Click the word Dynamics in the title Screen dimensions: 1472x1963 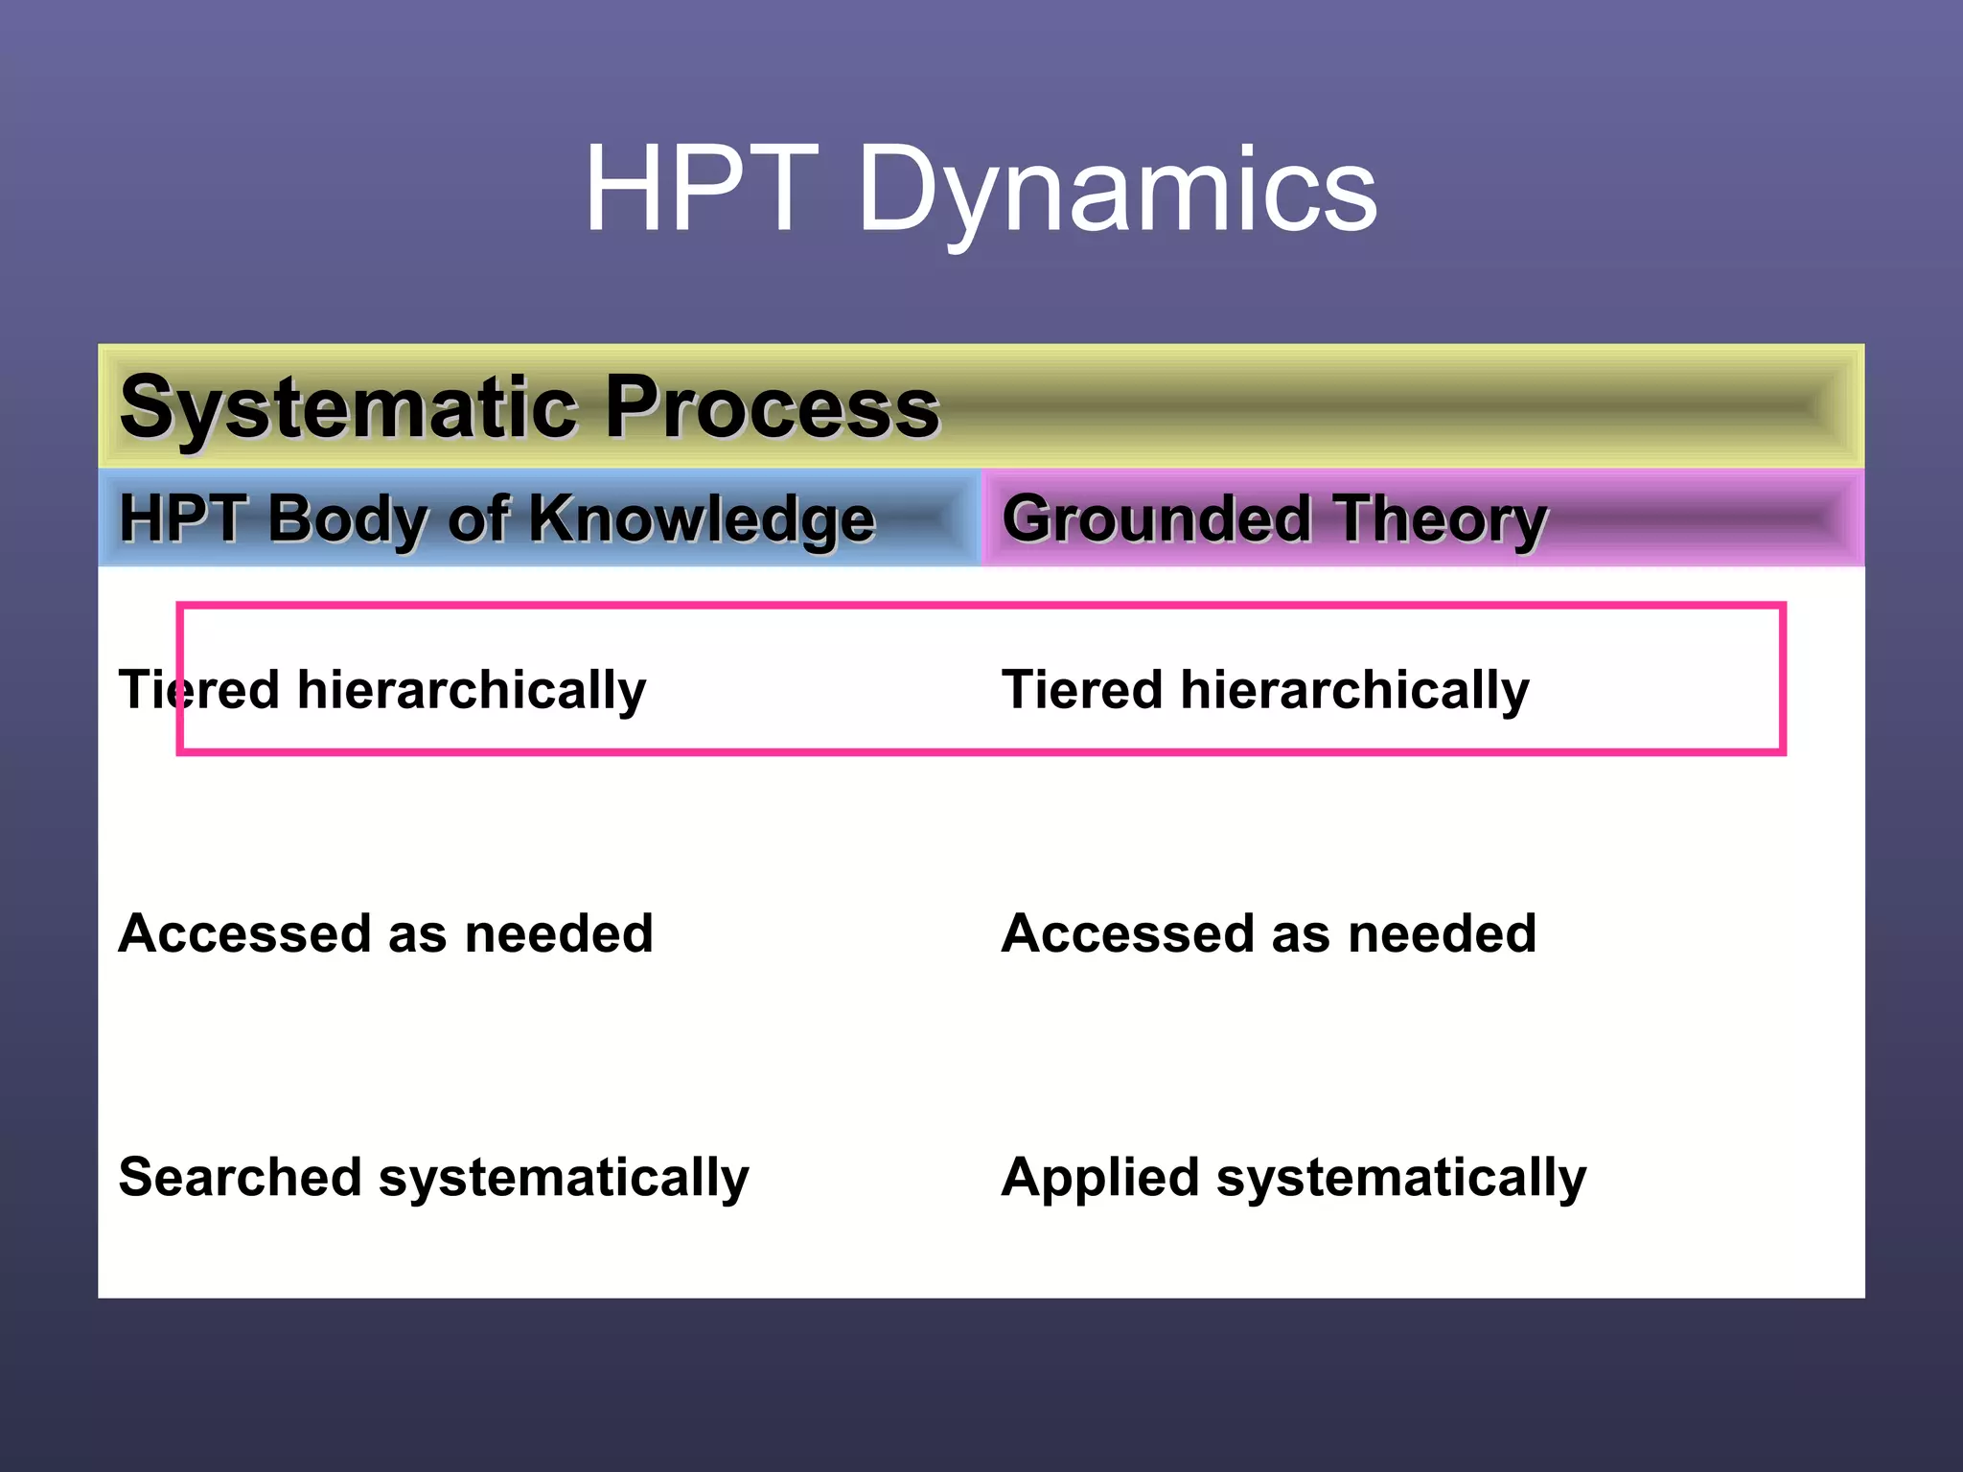1117,189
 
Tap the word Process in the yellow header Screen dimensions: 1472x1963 772,407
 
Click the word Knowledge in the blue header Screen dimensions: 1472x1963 701,518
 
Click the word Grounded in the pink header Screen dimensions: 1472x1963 1156,518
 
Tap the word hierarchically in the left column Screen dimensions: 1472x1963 472,691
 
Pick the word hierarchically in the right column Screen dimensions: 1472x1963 1354,691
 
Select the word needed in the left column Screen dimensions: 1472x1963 559,933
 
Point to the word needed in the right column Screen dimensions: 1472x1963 1442,933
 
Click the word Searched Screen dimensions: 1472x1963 240,1177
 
